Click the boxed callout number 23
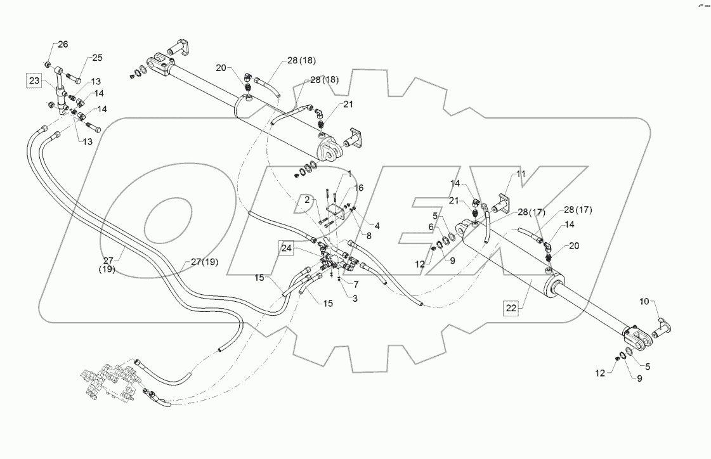(34, 81)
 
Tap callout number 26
(63, 44)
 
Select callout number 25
(96, 58)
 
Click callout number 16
(359, 188)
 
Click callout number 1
(348, 174)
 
